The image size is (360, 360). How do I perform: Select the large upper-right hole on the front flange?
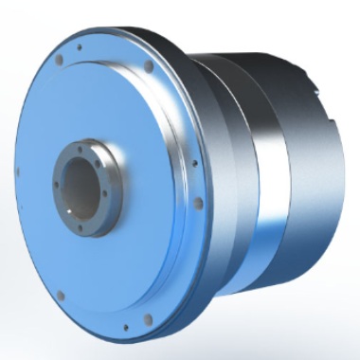point(148,67)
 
